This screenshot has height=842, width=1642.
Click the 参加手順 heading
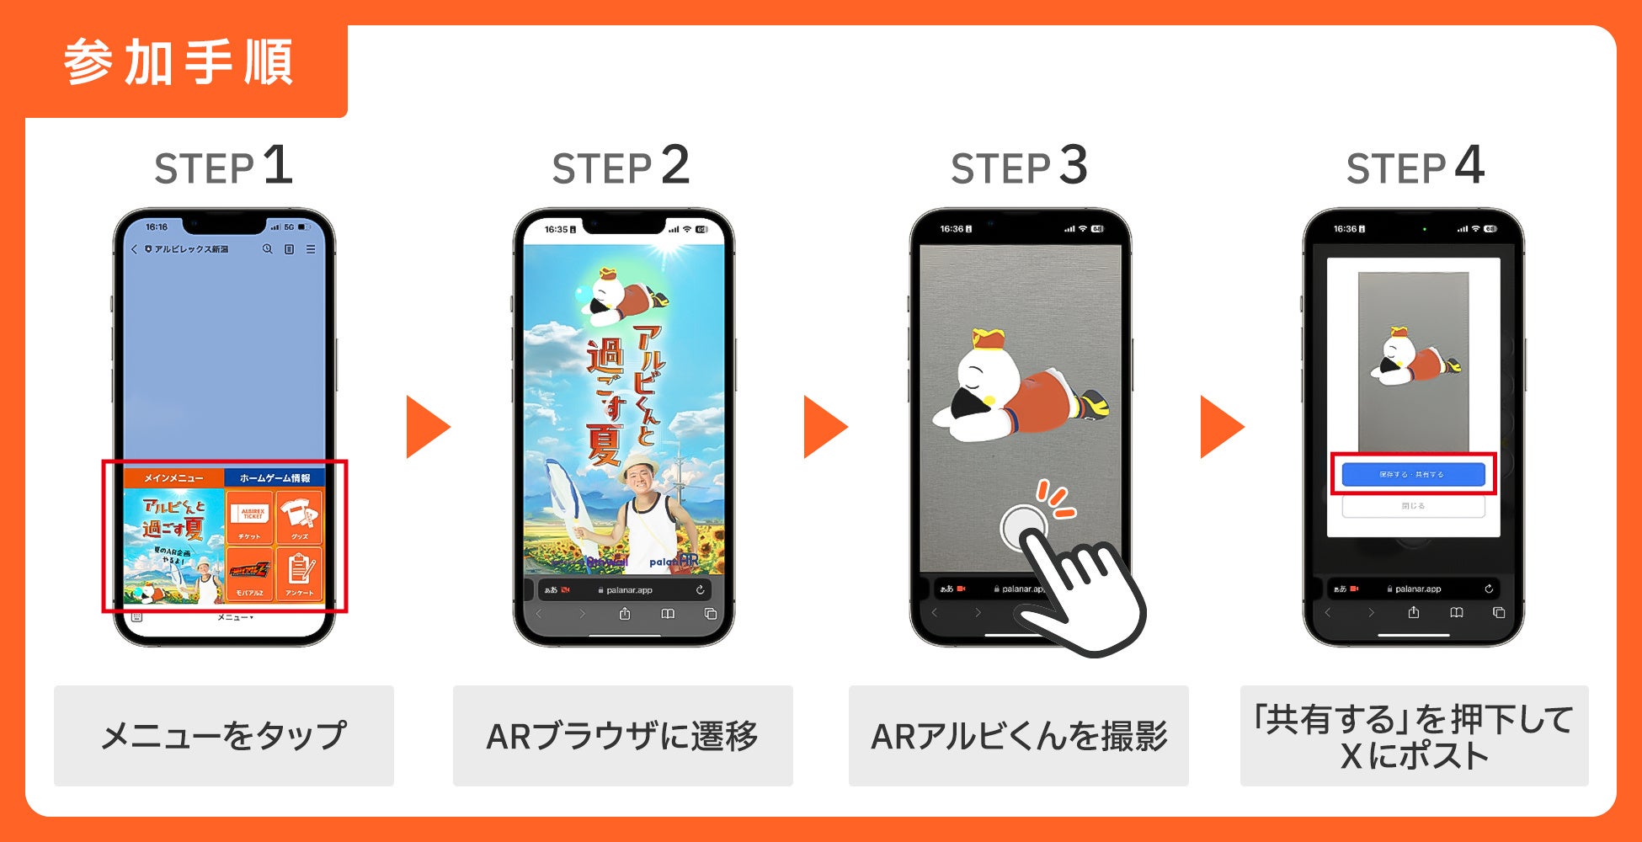point(179,63)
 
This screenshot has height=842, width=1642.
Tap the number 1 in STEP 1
point(278,165)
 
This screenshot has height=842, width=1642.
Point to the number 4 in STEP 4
point(1469,165)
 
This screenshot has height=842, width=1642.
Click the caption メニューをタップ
point(224,736)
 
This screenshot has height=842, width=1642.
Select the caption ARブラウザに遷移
point(622,736)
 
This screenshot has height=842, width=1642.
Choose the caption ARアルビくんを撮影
point(1019,736)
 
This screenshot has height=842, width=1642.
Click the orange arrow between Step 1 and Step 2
point(427,427)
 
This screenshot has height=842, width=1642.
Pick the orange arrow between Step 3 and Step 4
point(1221,427)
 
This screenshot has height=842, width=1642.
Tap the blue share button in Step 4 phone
point(1413,474)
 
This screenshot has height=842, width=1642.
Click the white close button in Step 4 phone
point(1413,506)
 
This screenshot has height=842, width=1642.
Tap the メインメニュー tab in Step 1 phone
point(173,478)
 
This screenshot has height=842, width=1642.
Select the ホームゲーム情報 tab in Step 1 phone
point(275,478)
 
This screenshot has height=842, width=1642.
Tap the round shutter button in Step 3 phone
point(1023,528)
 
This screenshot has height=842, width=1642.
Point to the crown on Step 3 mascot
point(989,338)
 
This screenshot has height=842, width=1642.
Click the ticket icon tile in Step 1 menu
point(250,517)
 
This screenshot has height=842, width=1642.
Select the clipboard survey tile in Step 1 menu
point(299,573)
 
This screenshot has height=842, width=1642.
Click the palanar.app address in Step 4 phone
point(1418,589)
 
